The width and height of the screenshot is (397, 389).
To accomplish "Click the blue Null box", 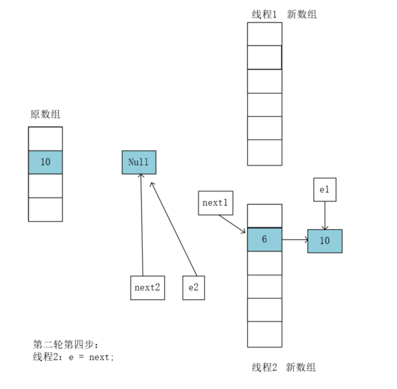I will click(x=138, y=162).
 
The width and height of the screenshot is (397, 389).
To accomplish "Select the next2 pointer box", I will click(x=147, y=287).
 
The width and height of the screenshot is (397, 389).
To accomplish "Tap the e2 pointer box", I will click(x=193, y=287).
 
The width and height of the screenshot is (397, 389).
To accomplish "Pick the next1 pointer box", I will click(x=215, y=203).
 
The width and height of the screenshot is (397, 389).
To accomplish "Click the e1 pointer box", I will click(x=324, y=189).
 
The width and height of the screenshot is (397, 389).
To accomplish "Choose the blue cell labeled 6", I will click(x=264, y=240).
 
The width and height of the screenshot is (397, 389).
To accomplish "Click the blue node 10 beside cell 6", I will click(x=324, y=241).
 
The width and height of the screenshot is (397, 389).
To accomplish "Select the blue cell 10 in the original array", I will click(x=46, y=162).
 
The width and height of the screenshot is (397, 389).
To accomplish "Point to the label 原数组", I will click(x=46, y=114).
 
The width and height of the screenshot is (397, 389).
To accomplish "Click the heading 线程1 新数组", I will click(x=284, y=14).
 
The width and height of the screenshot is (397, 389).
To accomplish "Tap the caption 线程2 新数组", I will click(x=284, y=367).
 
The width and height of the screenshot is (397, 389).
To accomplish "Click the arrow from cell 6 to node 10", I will click(x=295, y=240).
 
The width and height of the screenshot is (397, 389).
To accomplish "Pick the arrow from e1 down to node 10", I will click(x=325, y=215).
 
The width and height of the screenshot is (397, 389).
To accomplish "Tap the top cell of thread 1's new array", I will click(x=264, y=34).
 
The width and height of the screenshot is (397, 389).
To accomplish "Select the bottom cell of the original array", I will click(x=46, y=209).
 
